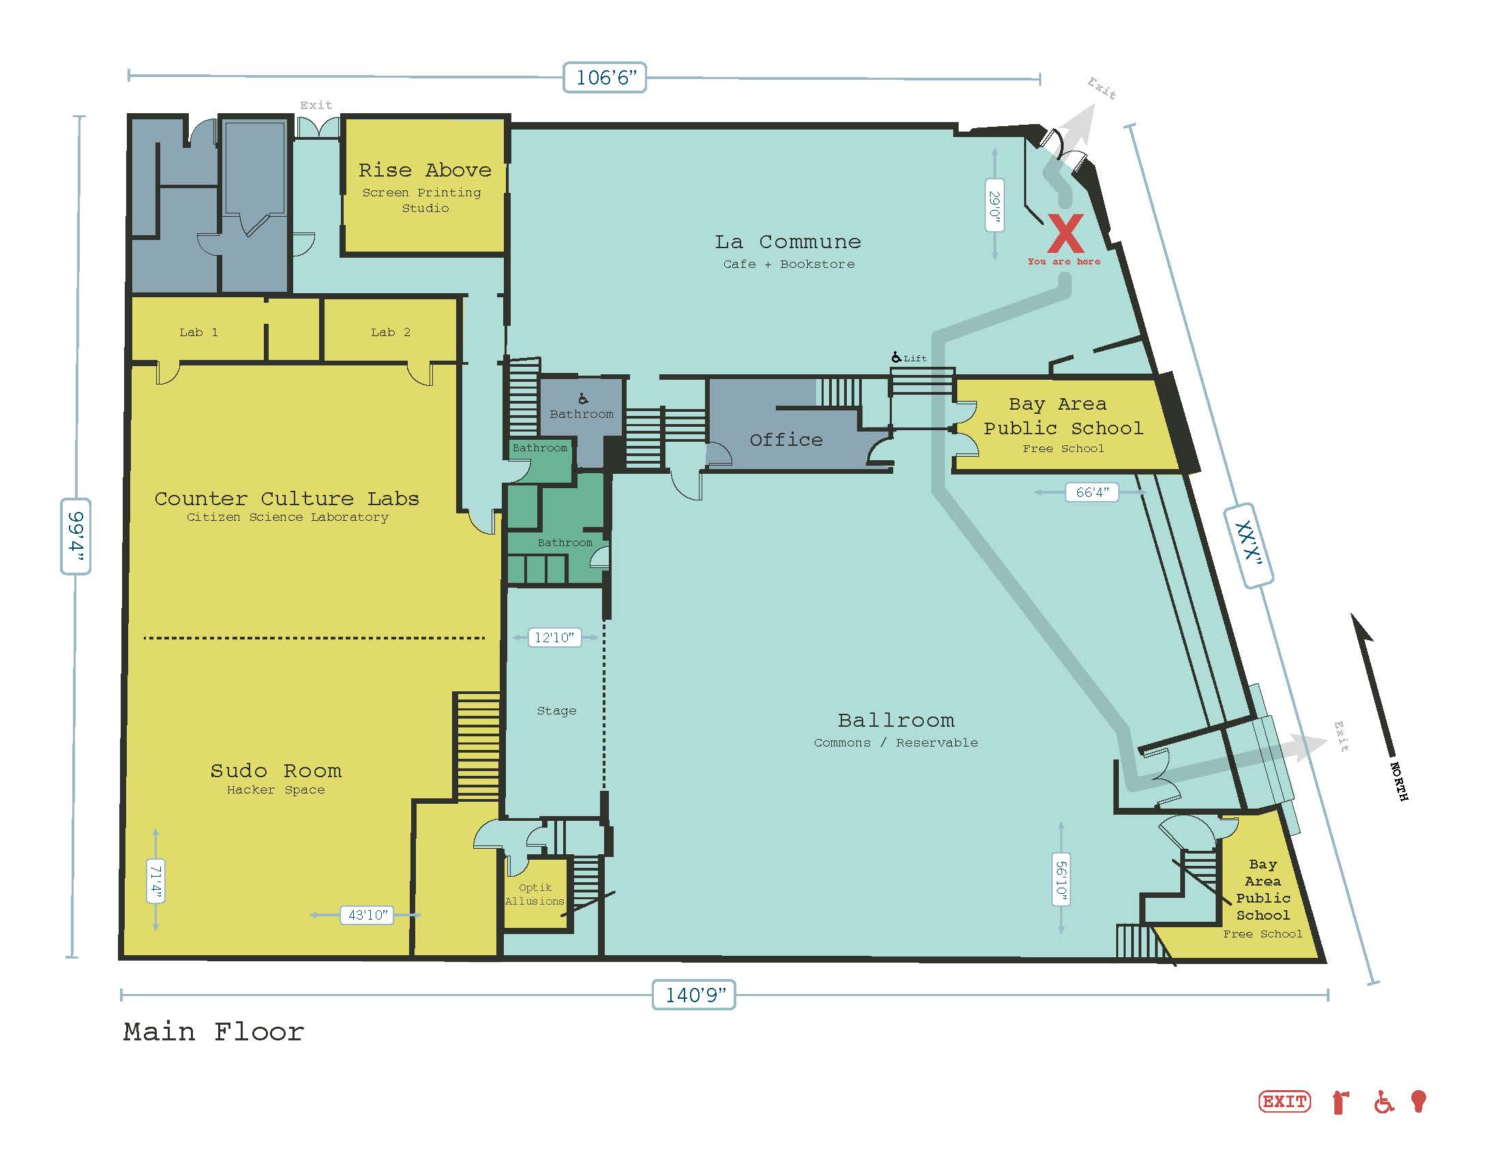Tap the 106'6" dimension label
pyautogui.click(x=604, y=77)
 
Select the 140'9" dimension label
pyautogui.click(x=693, y=994)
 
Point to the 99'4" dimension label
pyautogui.click(x=76, y=536)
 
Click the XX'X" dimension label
pyautogui.click(x=1248, y=546)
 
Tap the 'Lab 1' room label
pyautogui.click(x=198, y=332)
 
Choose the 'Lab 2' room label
pyautogui.click(x=391, y=332)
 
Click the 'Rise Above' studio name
pyautogui.click(x=425, y=170)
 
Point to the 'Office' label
pyautogui.click(x=786, y=440)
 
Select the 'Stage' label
pyautogui.click(x=556, y=710)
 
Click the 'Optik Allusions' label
pyautogui.click(x=535, y=894)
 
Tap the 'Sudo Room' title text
pyautogui.click(x=276, y=770)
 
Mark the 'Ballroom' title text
pyautogui.click(x=897, y=719)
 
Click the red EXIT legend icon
pyautogui.click(x=1285, y=1101)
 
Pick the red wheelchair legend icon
pyautogui.click(x=1384, y=1102)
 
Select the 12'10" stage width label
pyautogui.click(x=554, y=637)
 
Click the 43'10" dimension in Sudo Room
pyautogui.click(x=367, y=914)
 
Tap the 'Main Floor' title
pyautogui.click(x=213, y=1032)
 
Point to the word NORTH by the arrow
pyautogui.click(x=1399, y=781)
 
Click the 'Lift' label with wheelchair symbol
pyautogui.click(x=909, y=358)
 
